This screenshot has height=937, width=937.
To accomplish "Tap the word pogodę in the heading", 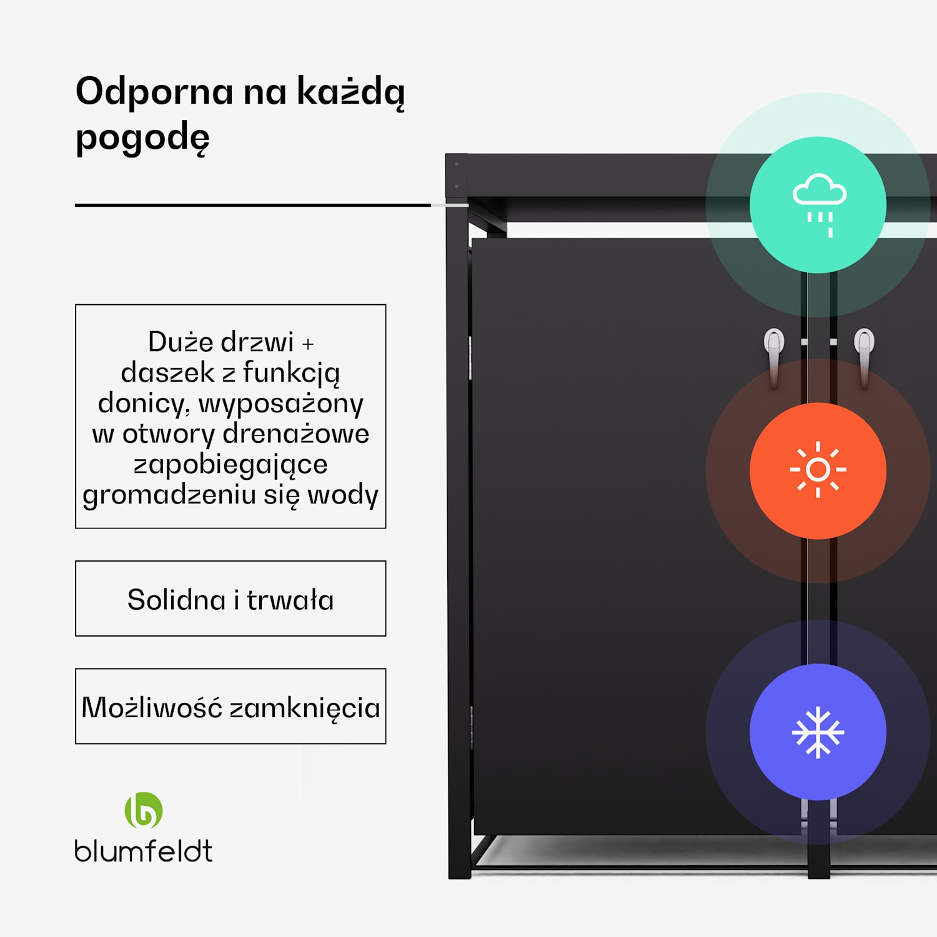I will [142, 138].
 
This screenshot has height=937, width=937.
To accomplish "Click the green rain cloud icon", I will [818, 204].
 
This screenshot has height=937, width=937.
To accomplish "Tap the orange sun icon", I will [818, 470].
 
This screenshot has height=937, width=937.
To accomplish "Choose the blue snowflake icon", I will [818, 732].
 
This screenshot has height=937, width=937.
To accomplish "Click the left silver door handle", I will [774, 356].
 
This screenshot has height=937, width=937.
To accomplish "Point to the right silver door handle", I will [864, 356].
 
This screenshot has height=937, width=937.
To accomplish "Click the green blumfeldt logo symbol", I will [144, 810].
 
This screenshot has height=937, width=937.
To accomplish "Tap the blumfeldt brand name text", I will [144, 851].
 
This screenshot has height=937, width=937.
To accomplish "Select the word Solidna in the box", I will [176, 600].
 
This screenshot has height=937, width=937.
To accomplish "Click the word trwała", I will [290, 600].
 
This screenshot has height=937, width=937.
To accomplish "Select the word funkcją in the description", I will [291, 373].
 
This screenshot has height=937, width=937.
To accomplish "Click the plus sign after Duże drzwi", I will [308, 344].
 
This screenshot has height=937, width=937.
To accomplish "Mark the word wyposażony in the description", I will [281, 404].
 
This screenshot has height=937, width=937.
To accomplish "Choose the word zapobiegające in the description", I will [231, 465].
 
